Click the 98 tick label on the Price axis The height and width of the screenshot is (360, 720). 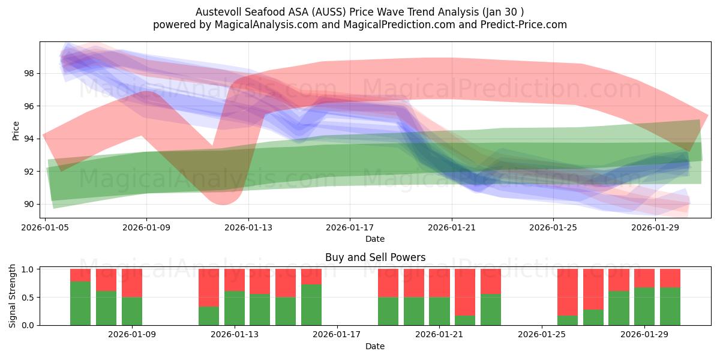tap(29, 73)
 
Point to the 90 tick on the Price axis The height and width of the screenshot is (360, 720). tap(29, 204)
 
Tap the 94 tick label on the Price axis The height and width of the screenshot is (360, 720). tap(29, 139)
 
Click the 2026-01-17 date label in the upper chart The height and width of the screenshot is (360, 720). tap(350, 227)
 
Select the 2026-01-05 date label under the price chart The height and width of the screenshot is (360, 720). tap(46, 227)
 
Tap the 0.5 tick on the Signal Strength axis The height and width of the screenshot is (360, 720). tap(28, 297)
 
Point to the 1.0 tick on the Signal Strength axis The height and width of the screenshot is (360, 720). tap(28, 269)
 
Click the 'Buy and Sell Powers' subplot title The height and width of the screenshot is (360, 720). tap(375, 257)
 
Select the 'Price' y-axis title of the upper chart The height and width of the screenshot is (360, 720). tap(16, 130)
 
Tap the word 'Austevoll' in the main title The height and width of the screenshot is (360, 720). tap(217, 12)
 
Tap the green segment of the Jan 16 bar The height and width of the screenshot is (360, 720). tap(311, 305)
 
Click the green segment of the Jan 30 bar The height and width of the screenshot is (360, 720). tap(670, 306)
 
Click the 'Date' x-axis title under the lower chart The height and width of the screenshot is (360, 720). tap(375, 346)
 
